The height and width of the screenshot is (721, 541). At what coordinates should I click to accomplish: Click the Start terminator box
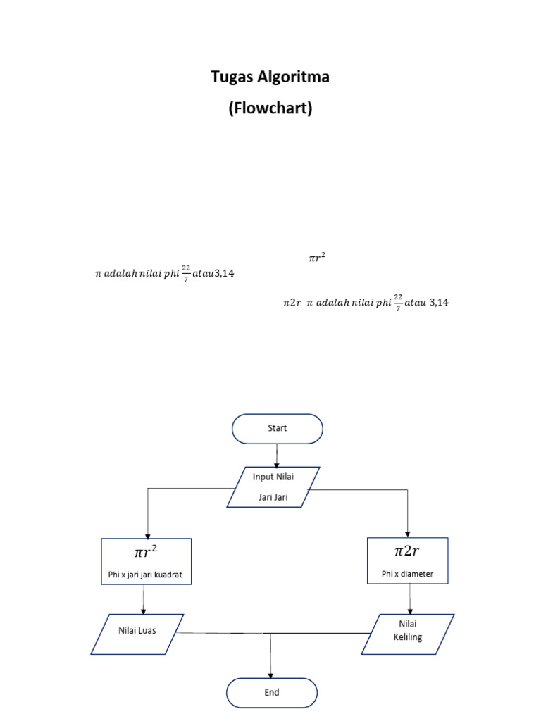277,428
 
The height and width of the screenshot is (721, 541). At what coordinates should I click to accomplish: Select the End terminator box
272,692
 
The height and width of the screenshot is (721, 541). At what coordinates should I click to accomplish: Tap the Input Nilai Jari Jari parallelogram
273,487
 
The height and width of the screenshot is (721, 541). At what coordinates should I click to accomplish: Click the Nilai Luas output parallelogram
137,634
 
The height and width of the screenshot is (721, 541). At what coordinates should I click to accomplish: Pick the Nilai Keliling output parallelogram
408,634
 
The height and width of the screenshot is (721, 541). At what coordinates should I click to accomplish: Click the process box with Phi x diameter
407,560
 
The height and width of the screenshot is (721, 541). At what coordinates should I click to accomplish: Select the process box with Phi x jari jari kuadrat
147,561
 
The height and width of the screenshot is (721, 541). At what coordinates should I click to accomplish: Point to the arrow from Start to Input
278,455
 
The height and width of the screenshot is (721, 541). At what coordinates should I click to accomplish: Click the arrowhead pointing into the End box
270,674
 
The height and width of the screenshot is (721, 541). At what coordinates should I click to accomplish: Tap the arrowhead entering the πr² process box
147,534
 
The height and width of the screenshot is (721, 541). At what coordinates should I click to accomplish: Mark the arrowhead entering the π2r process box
408,533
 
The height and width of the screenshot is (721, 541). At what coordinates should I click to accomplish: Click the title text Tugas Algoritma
270,77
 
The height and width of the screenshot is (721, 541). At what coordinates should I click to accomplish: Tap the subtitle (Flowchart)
270,109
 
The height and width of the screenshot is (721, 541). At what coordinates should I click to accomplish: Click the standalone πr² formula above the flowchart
316,258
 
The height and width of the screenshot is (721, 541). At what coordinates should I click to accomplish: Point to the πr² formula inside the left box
145,551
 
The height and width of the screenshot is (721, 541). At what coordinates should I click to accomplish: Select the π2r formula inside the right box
407,550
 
